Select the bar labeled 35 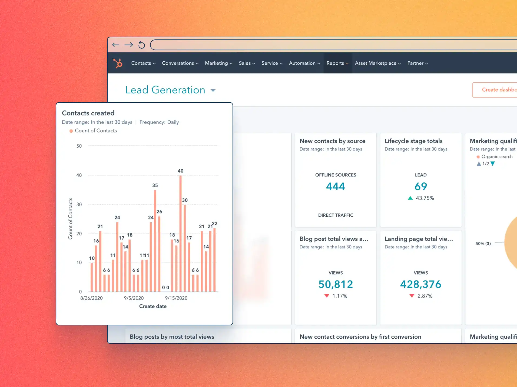click(x=155, y=241)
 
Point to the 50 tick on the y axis click(x=79, y=146)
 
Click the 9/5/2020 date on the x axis click(x=134, y=298)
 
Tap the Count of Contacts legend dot click(x=71, y=131)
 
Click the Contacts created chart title click(x=88, y=113)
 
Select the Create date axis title click(x=153, y=306)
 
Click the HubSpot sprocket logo click(x=118, y=63)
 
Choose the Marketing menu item click(x=218, y=63)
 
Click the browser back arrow click(x=116, y=45)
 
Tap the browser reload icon click(x=142, y=45)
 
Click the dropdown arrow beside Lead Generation click(x=213, y=90)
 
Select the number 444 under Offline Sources click(x=336, y=186)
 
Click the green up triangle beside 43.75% click(x=410, y=198)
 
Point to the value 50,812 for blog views click(x=336, y=284)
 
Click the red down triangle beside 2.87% click(x=412, y=296)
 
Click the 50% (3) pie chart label click(x=483, y=243)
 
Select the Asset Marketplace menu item click(x=377, y=63)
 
